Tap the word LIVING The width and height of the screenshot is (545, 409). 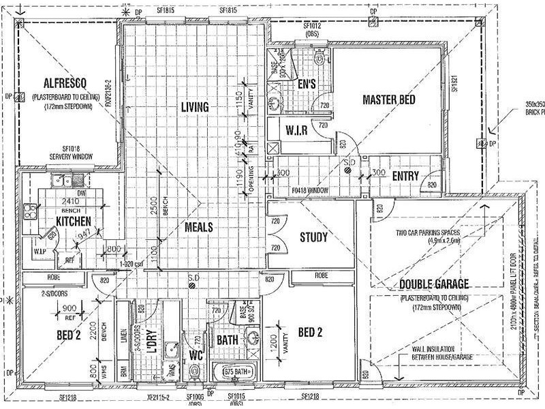(x=194, y=106)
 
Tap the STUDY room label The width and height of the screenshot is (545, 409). (x=314, y=238)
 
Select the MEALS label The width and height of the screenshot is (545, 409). (x=198, y=227)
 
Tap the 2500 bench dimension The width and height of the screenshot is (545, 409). (x=155, y=218)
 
